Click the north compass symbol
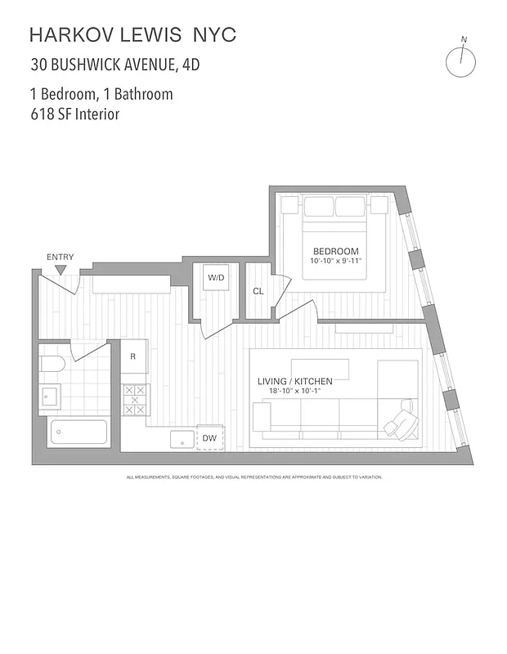pos(460,60)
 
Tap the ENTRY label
pos(60,258)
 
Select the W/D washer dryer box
pos(216,278)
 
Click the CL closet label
pos(258,291)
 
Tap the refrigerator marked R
pos(133,356)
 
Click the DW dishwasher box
pos(210,439)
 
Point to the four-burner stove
pos(134,400)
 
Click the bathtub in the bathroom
pos(78,431)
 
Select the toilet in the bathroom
pos(52,364)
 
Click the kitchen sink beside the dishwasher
pos(182,439)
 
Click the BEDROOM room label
pos(335,251)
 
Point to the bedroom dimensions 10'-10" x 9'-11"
pos(335,261)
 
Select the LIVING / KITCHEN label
pos(294,381)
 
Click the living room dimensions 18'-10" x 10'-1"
pos(294,391)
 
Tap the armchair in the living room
pos(401,419)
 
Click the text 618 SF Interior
pos(74,114)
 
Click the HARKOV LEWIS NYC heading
pos(132,34)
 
